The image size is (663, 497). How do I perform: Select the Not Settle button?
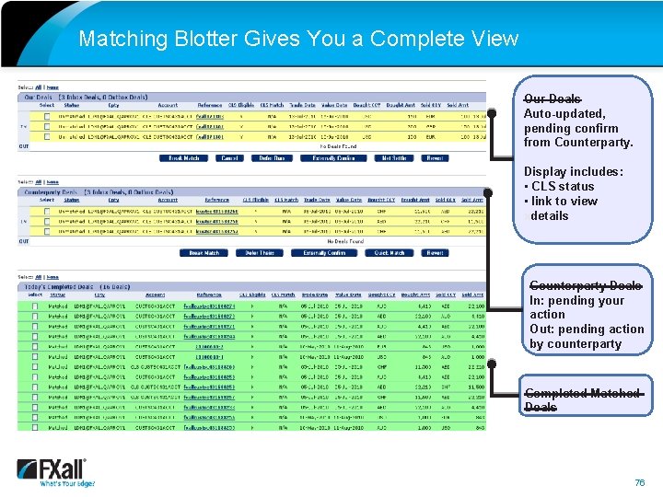393,158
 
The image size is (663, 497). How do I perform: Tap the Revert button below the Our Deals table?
435,158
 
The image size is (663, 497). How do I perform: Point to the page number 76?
640,483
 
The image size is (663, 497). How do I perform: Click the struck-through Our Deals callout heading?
552,98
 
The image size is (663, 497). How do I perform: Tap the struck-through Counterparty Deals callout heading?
585,286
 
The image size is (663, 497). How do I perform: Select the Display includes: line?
573,171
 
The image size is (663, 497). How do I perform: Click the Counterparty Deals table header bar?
250,190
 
